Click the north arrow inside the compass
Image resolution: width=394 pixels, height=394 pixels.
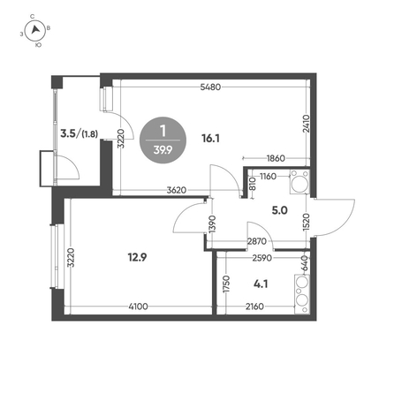point(35,29)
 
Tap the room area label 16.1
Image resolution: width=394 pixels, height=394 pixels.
point(210,138)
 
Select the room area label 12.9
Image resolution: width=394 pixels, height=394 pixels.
point(137,258)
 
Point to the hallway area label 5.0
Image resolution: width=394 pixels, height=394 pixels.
point(279,210)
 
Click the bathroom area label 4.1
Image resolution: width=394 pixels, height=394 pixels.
point(261,284)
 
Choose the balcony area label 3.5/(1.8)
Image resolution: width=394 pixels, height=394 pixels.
point(79,133)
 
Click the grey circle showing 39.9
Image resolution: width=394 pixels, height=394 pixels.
point(163,140)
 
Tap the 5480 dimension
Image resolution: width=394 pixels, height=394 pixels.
point(210,87)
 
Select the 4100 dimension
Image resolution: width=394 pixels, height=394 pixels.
point(139,307)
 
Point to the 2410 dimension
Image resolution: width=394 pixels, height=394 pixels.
point(307,124)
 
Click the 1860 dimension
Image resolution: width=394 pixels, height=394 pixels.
point(276,158)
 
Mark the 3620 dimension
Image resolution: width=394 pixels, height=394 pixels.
point(177,190)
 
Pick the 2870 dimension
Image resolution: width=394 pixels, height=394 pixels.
point(257,241)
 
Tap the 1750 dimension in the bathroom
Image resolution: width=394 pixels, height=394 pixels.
point(226,284)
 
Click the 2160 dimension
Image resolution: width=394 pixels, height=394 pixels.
point(254,307)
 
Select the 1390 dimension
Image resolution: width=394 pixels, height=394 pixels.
point(213,224)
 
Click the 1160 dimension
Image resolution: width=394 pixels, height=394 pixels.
point(268,177)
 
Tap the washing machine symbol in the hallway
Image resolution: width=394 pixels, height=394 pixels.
point(299,182)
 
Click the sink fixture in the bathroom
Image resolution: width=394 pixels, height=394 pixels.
point(302,294)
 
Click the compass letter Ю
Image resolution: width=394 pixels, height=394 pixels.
point(38,45)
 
